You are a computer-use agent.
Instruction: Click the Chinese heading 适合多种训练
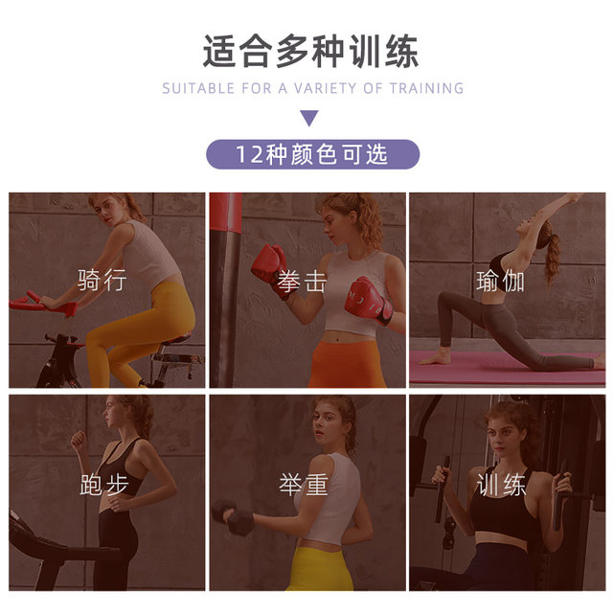pyautogui.click(x=310, y=51)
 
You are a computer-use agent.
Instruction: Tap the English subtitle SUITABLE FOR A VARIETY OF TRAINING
pyautogui.click(x=313, y=88)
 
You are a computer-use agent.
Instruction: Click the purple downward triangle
pyautogui.click(x=309, y=118)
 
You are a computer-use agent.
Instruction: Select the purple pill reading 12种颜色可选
pyautogui.click(x=313, y=154)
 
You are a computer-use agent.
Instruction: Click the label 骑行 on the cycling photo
pyautogui.click(x=102, y=280)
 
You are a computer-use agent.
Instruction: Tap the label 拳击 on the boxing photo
pyautogui.click(x=303, y=282)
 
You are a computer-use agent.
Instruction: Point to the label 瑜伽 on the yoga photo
pyautogui.click(x=500, y=281)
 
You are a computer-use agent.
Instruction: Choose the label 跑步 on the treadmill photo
pyautogui.click(x=104, y=485)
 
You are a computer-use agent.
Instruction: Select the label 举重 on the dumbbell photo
pyautogui.click(x=304, y=485)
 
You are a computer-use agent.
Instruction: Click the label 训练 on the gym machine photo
pyautogui.click(x=501, y=485)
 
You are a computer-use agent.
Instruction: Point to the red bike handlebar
pyautogui.click(x=41, y=303)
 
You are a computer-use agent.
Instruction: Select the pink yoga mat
pyautogui.click(x=507, y=368)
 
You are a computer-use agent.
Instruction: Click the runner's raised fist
pyautogui.click(x=78, y=439)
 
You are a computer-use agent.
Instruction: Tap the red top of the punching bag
pyautogui.click(x=226, y=212)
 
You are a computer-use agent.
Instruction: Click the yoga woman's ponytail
pyautogui.click(x=552, y=258)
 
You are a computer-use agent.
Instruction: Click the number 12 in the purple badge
pyautogui.click(x=249, y=154)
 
